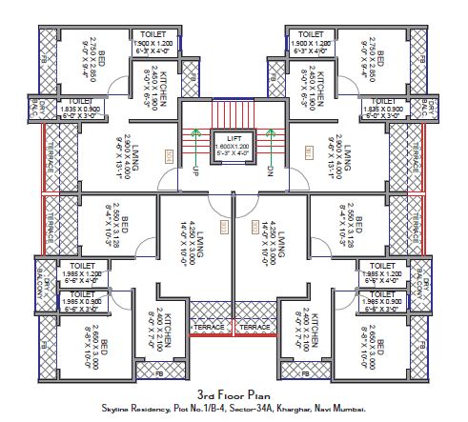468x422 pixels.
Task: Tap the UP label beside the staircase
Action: (195, 171)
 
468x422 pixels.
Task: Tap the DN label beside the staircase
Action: (271, 171)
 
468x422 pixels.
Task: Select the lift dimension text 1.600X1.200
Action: (234, 147)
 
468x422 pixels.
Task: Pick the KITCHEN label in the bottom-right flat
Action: (311, 330)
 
